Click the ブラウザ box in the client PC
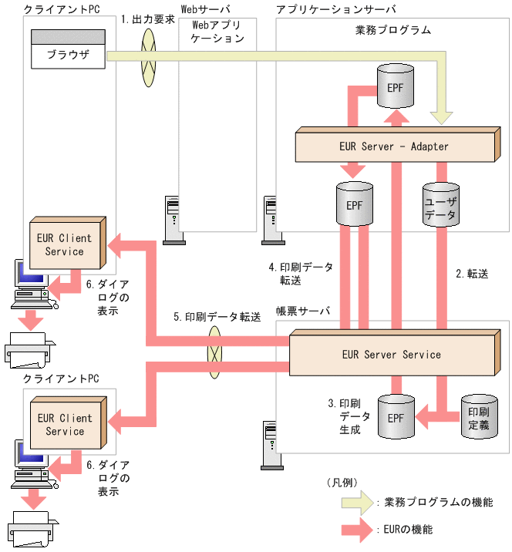click(67, 55)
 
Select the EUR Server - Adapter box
click(393, 146)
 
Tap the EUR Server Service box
click(391, 355)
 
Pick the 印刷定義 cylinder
click(478, 416)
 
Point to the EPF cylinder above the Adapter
click(394, 86)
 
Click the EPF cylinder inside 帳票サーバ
click(396, 417)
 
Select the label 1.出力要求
click(148, 18)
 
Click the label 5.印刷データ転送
click(217, 317)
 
